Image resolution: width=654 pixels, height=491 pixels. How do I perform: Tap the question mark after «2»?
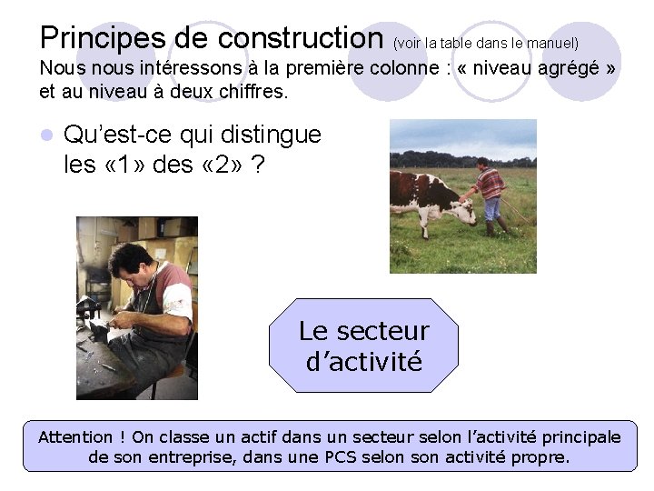tap(259, 165)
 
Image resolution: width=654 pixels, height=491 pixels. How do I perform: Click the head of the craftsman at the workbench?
tap(129, 262)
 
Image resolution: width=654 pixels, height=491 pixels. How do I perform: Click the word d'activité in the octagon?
tap(364, 362)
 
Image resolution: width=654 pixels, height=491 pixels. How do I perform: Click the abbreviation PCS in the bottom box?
tap(341, 457)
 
